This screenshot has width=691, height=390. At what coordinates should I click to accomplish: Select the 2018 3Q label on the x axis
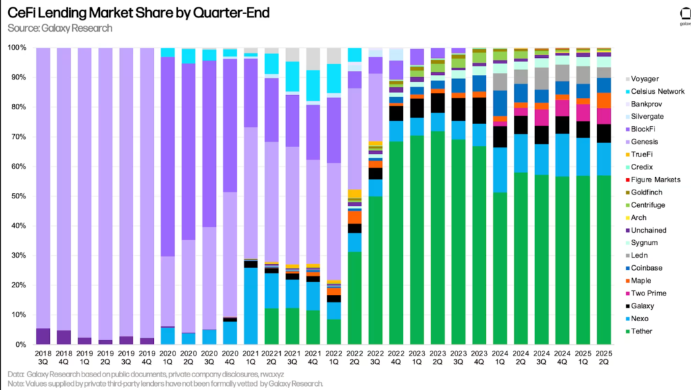[43, 358]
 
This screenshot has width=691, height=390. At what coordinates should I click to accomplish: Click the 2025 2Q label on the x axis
[603, 358]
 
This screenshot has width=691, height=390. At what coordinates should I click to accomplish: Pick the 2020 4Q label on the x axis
[230, 358]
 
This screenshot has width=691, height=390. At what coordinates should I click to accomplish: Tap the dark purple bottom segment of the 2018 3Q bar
[43, 336]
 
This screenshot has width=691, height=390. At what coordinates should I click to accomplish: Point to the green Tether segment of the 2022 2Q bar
[354, 298]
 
